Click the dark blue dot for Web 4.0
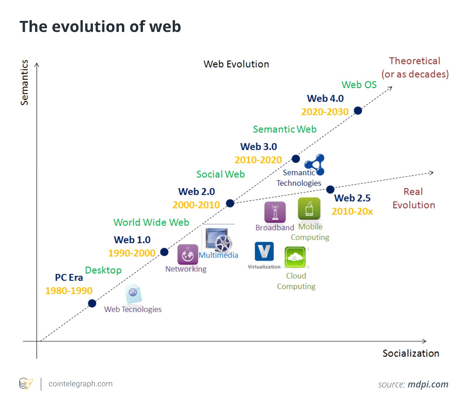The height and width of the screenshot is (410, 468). coord(358,111)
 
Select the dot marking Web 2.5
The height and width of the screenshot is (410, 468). coord(330,189)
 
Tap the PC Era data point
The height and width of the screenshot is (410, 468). coord(92,303)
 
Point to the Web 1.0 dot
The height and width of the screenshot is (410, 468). coord(164,252)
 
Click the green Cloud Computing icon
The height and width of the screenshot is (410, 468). coord(295,257)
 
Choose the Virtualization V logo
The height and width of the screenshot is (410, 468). coord(264,251)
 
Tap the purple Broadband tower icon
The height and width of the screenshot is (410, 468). coord(275,212)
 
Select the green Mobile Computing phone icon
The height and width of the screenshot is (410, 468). coord(309,209)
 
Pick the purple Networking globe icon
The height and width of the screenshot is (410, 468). coord(188,255)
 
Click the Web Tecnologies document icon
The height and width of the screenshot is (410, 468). coord(133,294)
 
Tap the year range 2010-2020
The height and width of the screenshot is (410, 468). coord(258,160)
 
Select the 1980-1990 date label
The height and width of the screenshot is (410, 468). coord(69,291)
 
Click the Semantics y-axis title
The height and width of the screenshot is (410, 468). coord(25,83)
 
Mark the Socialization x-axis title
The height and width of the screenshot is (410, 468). coord(411,354)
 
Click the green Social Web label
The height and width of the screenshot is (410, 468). coord(220,175)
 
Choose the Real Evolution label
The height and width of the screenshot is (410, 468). coord(413,198)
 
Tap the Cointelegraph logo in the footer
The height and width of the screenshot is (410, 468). coord(26,384)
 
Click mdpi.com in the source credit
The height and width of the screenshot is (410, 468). coord(428,385)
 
